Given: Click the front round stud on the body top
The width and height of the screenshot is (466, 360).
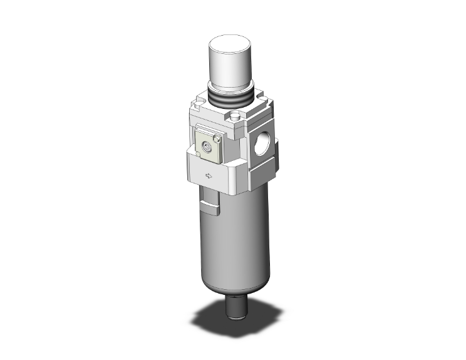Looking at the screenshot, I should coord(234,116).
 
